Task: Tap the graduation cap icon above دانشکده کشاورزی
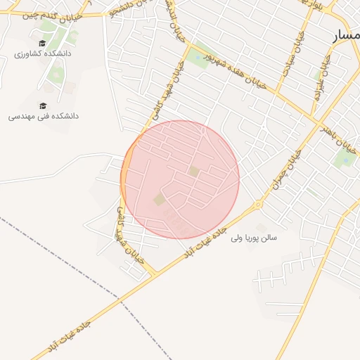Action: click(x=42, y=43)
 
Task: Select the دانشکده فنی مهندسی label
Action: click(x=43, y=116)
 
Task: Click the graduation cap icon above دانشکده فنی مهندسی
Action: click(x=43, y=105)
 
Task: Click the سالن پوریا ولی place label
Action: click(x=254, y=238)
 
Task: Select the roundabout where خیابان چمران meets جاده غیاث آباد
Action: click(x=258, y=205)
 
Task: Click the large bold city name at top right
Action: click(x=346, y=35)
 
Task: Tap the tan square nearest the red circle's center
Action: click(x=193, y=171)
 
